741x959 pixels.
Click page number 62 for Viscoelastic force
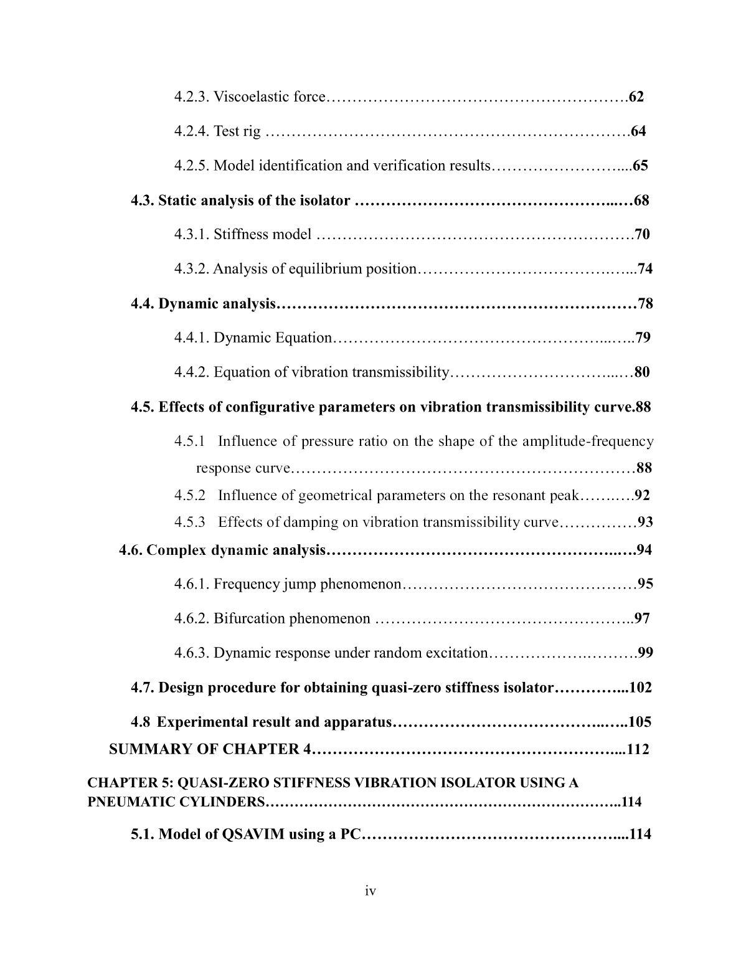[x=636, y=97]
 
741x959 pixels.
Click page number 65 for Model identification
[x=640, y=166]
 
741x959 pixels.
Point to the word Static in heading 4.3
[x=176, y=201]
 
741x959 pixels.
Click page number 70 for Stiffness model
[x=642, y=235]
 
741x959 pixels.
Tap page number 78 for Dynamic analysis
[x=646, y=304]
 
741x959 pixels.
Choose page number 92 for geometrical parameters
[x=642, y=496]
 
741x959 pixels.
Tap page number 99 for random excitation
[x=646, y=653]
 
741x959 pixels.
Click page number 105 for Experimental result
[x=640, y=722]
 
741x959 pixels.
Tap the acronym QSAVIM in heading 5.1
[x=252, y=834]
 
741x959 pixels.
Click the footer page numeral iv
[x=370, y=892]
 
